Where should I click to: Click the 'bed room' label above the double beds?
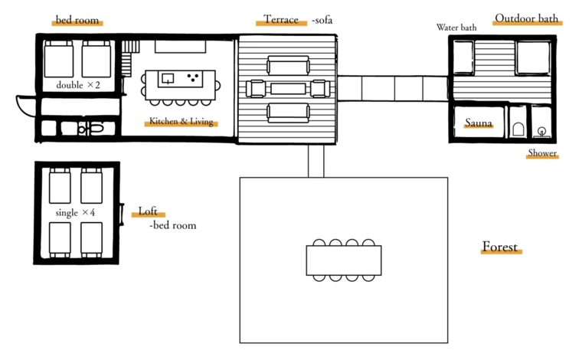pyautogui.click(x=77, y=20)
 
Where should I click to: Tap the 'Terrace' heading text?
pyautogui.click(x=281, y=19)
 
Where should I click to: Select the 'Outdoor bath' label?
pyautogui.click(x=526, y=18)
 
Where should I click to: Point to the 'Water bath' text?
pyautogui.click(x=456, y=28)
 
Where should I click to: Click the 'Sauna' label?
pyautogui.click(x=479, y=123)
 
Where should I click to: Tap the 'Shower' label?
pyautogui.click(x=542, y=152)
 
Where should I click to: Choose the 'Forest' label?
pyautogui.click(x=499, y=247)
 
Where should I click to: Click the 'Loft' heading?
pyautogui.click(x=148, y=211)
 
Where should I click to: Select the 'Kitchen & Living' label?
pyautogui.click(x=181, y=121)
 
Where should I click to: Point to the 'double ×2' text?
pyautogui.click(x=78, y=85)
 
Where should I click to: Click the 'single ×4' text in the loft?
pyautogui.click(x=75, y=212)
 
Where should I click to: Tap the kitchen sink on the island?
pyautogui.click(x=168, y=78)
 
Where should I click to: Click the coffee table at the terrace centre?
pyautogui.click(x=288, y=89)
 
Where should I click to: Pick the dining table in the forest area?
pyautogui.click(x=344, y=260)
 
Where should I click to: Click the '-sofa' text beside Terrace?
pyautogui.click(x=322, y=20)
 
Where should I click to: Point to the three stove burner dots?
pyautogui.click(x=193, y=77)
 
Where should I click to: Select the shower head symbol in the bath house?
pyautogui.click(x=541, y=132)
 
